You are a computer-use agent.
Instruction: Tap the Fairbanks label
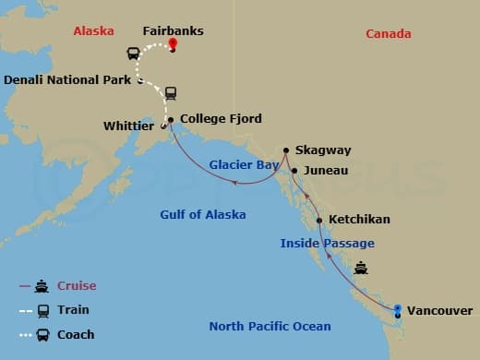pos(173,30)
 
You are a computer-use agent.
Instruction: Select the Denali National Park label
pos(68,80)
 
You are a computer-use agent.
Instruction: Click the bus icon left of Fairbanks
pos(133,54)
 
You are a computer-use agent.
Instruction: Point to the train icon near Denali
pos(172,93)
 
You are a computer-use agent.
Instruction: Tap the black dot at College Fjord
pos(171,119)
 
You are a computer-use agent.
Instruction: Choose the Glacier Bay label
pos(244,164)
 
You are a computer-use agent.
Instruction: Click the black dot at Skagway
pos(287,150)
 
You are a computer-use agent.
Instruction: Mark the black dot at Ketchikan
pos(319,221)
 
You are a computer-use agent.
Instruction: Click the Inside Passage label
pos(328,243)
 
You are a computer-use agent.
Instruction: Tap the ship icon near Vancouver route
pos(361,269)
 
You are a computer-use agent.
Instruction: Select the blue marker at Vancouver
pos(398,311)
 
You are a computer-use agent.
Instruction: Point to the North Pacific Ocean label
pos(270,326)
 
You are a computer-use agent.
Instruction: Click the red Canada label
pos(388,34)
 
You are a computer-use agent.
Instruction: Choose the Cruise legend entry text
pos(77,286)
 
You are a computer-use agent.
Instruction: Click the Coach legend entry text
pos(76,334)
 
